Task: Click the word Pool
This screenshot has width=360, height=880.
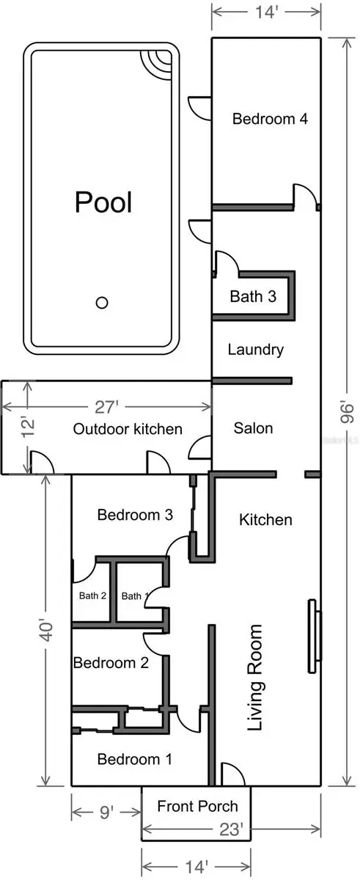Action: (103, 202)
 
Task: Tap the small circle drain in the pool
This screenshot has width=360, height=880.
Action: (103, 302)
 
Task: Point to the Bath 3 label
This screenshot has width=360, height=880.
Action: (253, 297)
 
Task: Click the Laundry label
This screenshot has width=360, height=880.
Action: (255, 349)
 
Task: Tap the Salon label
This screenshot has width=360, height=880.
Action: (253, 428)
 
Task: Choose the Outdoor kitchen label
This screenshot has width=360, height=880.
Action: (128, 429)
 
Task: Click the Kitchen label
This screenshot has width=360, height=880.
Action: (265, 520)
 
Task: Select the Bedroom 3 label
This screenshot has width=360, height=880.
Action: (135, 515)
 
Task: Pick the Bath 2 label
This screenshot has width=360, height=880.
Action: (93, 595)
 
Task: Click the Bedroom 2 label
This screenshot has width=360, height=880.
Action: (111, 663)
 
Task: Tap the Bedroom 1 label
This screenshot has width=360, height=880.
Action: (134, 759)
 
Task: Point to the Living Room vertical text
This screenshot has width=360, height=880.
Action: (254, 678)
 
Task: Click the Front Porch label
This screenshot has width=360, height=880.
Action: (197, 806)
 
